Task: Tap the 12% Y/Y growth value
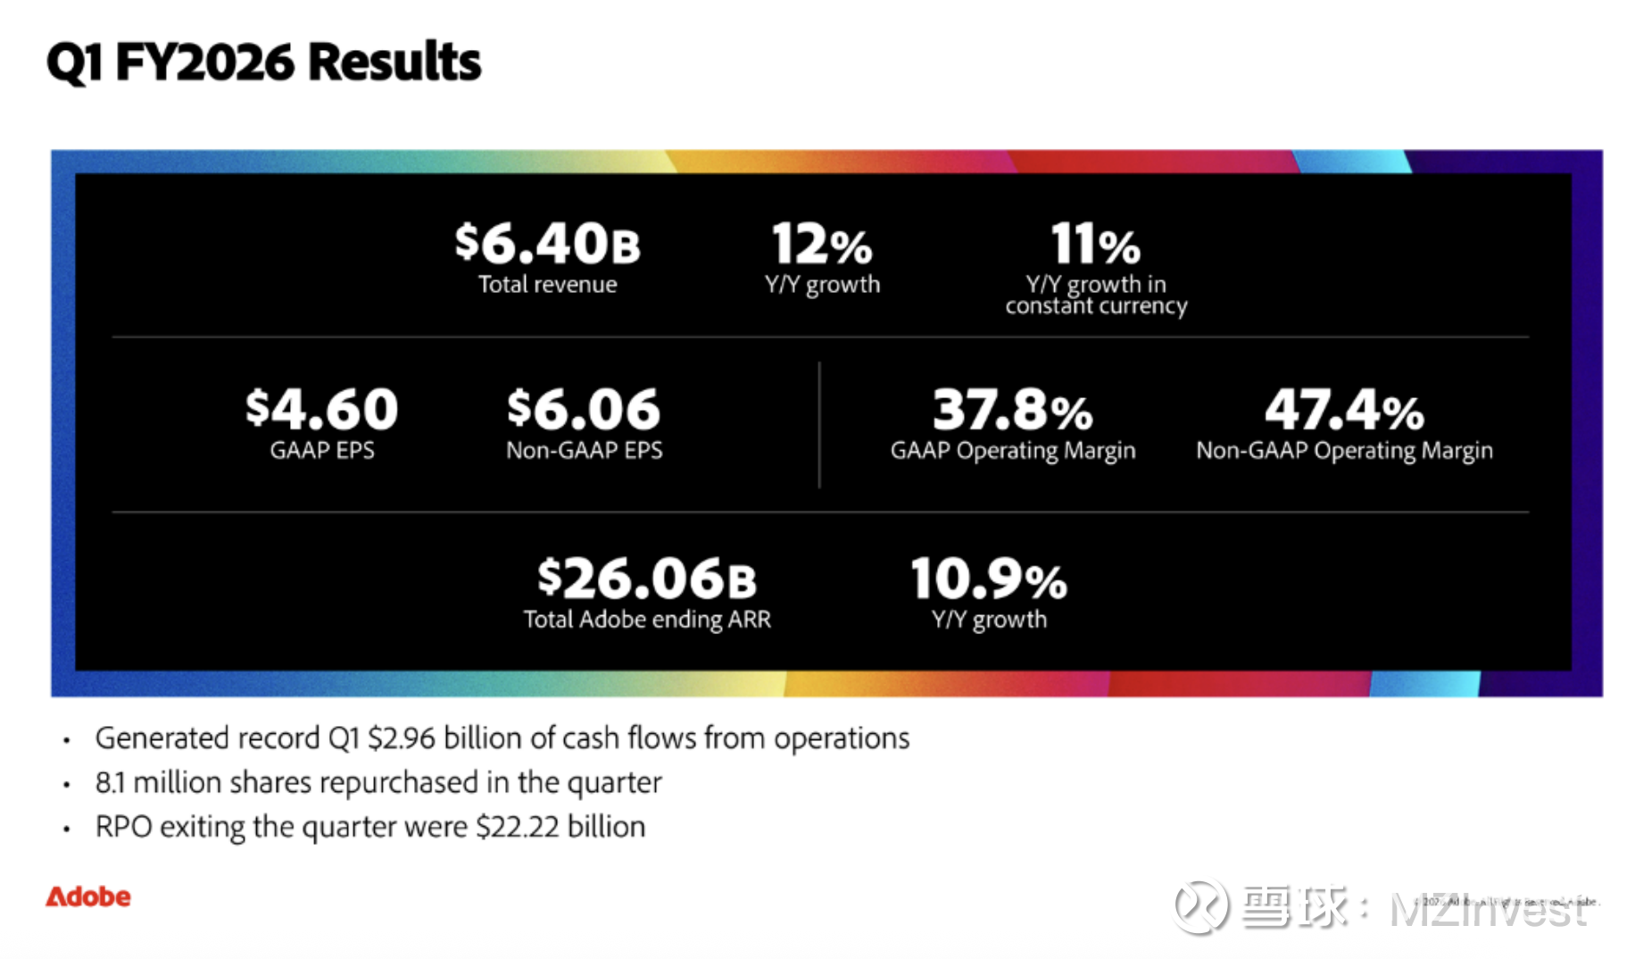click(x=821, y=244)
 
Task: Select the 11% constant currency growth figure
click(x=1095, y=244)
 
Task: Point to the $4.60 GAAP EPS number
click(x=321, y=409)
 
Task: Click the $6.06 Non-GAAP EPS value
click(x=584, y=409)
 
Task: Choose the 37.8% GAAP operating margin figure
click(x=1012, y=410)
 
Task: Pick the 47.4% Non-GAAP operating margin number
click(x=1344, y=410)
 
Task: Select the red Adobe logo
click(x=88, y=896)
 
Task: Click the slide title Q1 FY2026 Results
click(x=263, y=62)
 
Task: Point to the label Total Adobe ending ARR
click(x=647, y=620)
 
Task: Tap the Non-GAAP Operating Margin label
click(x=1344, y=451)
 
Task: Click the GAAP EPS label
click(x=322, y=450)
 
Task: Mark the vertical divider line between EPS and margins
click(x=819, y=425)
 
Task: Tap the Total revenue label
click(x=547, y=285)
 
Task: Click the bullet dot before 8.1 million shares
click(x=67, y=785)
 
